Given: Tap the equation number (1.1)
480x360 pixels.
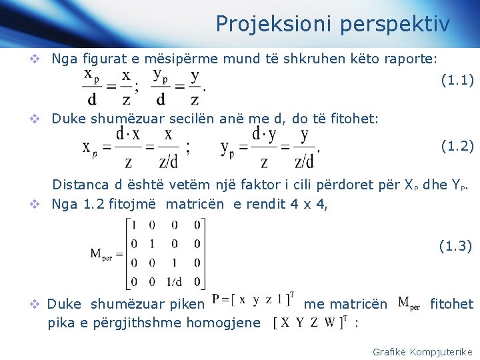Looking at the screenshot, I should pos(457,81).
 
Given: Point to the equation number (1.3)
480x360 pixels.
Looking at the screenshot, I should pos(455,246).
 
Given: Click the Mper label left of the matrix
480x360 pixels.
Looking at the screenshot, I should pos(105,253).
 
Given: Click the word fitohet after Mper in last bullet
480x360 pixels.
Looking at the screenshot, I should pos(451,304).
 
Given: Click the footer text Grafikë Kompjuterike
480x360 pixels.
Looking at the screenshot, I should pos(422,351).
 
